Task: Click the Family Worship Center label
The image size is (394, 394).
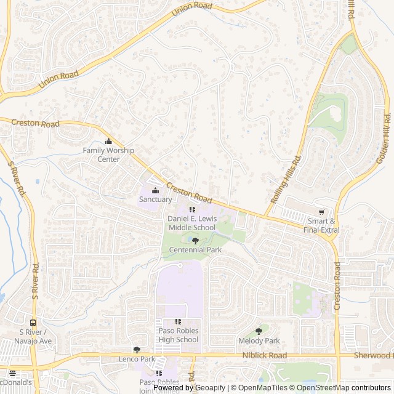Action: (109, 155)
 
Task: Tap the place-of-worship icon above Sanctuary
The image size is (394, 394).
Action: (155, 190)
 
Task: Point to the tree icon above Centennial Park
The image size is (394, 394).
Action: (195, 241)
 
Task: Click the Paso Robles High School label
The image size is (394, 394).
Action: (179, 335)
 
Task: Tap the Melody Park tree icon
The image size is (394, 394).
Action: (259, 331)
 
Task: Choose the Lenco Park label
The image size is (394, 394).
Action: (137, 358)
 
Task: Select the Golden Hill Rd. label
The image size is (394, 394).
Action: (383, 139)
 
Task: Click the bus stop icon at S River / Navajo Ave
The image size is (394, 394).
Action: (33, 323)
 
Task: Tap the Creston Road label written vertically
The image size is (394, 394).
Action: (337, 286)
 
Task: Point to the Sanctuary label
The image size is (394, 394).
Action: (155, 199)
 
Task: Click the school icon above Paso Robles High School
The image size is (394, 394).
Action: (179, 321)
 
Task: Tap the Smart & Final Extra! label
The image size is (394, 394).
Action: (324, 225)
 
